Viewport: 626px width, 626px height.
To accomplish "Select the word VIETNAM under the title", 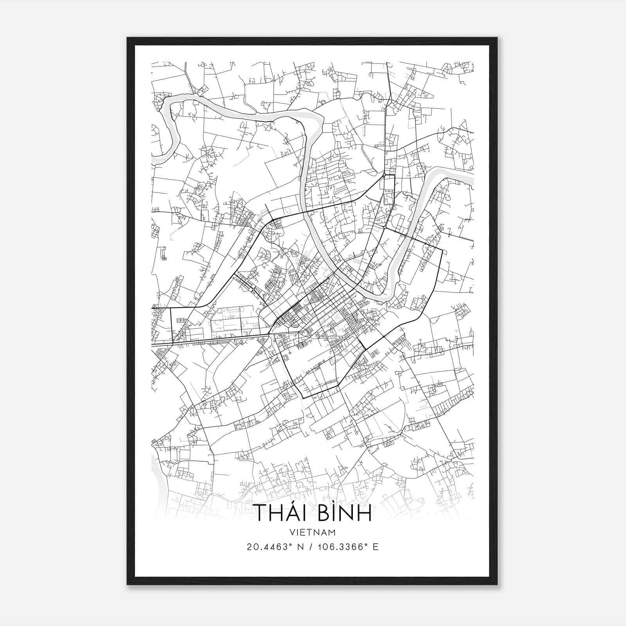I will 313,532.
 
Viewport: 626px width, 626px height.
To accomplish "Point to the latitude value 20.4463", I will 266,547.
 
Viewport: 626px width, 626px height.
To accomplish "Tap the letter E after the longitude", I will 376,547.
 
